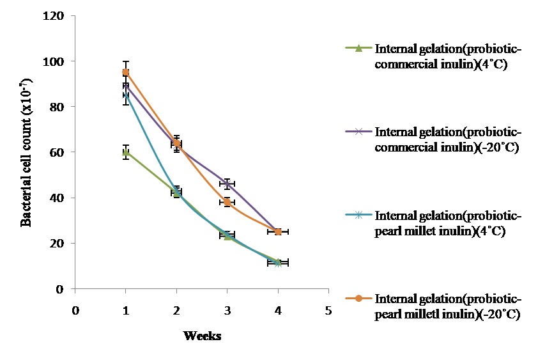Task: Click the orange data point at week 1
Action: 126,72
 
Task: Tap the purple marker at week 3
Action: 227,184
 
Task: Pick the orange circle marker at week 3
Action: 227,202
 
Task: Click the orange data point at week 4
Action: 278,231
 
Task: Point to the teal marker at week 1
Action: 126,95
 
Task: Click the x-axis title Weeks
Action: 202,336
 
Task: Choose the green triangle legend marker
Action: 358,48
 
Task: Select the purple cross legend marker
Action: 358,132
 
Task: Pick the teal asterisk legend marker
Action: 358,215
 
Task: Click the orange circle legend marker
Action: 358,299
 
